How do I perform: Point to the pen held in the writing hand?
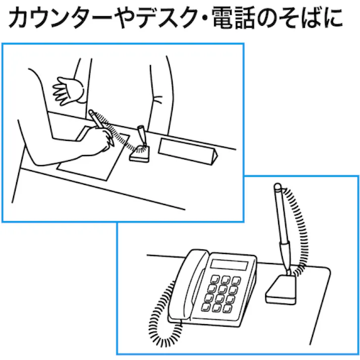[x=97, y=121]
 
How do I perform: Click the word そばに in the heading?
[x=316, y=19]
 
